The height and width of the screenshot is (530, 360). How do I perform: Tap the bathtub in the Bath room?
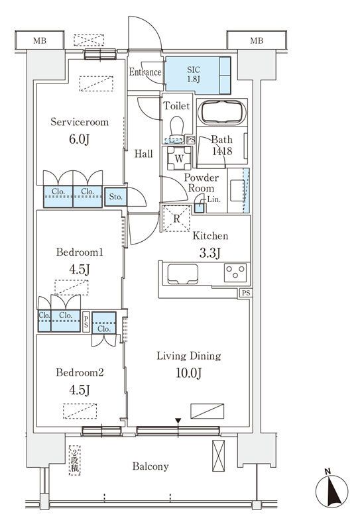(x=222, y=113)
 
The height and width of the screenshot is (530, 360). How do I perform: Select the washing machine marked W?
(x=179, y=158)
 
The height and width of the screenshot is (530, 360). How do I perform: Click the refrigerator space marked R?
(x=176, y=219)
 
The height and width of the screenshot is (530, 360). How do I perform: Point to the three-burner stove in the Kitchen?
(x=235, y=272)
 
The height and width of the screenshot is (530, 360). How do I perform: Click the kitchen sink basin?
(x=183, y=274)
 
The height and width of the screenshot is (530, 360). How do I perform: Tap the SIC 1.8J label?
(x=194, y=74)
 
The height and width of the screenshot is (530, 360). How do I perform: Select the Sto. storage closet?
(x=116, y=196)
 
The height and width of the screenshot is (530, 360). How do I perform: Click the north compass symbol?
(x=331, y=490)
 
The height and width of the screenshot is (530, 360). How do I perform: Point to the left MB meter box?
(x=40, y=40)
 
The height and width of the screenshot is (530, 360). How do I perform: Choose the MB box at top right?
(x=257, y=40)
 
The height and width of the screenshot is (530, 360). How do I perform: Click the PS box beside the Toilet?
(x=191, y=140)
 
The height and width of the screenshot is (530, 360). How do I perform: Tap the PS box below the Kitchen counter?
(x=246, y=293)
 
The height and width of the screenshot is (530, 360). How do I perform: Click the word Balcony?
(x=150, y=466)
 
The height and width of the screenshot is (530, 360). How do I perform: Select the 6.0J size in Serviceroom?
(x=79, y=139)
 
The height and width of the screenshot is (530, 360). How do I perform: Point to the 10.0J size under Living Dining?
(x=189, y=373)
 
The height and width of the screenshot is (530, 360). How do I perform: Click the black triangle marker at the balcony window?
(x=178, y=421)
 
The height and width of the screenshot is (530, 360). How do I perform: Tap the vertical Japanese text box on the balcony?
(x=74, y=460)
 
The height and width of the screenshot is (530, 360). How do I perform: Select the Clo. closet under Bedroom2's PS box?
(x=104, y=323)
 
